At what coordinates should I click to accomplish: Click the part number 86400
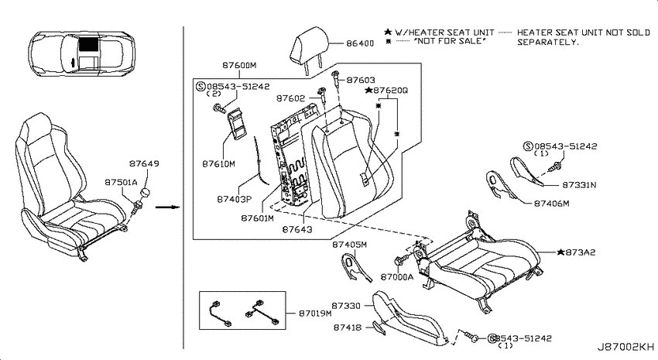coord(360,43)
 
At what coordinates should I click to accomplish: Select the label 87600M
coord(239,66)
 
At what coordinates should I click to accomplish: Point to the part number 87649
coord(144,163)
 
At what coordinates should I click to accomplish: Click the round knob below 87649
coord(145,193)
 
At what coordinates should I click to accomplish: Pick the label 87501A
coord(121,183)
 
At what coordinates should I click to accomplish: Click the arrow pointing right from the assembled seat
coord(167,207)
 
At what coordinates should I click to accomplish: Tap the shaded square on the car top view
coord(88,44)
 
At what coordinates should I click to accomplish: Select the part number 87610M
coord(218,164)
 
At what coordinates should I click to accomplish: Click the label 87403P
coord(234,199)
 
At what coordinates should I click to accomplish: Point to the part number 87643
coord(297,229)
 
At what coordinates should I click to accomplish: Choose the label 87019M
coord(315,314)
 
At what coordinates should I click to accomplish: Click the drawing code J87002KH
coord(625,347)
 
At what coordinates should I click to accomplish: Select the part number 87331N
coord(579,185)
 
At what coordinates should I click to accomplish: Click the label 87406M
coord(551,204)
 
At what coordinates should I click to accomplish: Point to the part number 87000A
coord(397,277)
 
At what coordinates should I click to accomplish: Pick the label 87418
coord(348,327)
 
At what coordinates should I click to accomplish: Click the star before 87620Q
coord(368,91)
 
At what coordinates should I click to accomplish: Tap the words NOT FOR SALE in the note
coord(450,41)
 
